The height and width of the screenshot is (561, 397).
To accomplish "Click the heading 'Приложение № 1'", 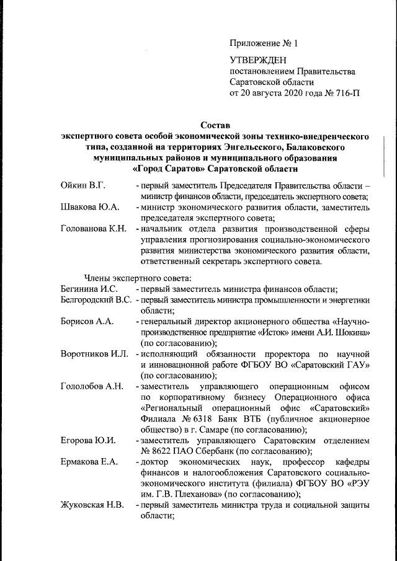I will [264, 43].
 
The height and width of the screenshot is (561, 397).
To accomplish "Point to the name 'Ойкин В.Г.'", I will [83, 185].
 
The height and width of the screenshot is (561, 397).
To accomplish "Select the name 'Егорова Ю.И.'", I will [88, 440].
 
